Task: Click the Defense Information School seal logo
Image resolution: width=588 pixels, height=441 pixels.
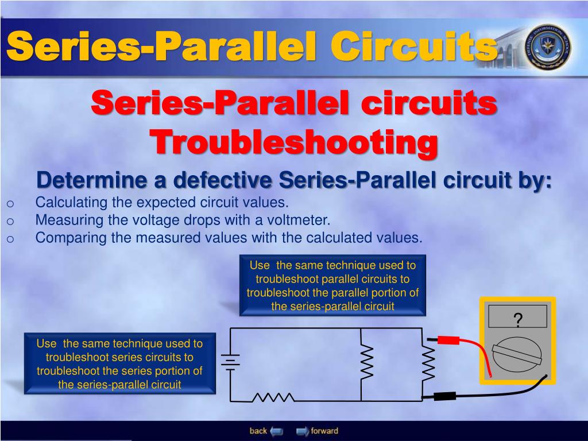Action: tap(548, 47)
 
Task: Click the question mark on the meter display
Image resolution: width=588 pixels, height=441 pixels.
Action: tap(517, 320)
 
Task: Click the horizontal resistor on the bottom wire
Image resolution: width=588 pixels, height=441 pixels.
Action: tap(273, 397)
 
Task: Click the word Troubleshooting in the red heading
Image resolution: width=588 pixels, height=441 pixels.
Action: tap(293, 141)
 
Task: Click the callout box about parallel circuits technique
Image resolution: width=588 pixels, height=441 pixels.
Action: tap(332, 285)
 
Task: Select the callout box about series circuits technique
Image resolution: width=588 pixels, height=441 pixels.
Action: tap(119, 363)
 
